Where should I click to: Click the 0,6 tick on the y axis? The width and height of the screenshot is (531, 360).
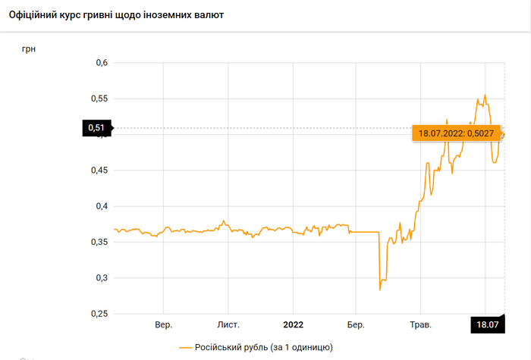[x=100, y=63]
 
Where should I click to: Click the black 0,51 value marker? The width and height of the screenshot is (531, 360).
[x=96, y=128]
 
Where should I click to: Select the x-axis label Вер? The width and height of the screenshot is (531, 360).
[x=164, y=324]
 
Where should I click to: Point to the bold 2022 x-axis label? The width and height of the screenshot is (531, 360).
[x=293, y=324]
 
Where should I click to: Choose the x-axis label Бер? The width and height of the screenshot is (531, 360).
[x=356, y=324]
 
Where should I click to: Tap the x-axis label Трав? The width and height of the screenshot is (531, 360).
[x=420, y=324]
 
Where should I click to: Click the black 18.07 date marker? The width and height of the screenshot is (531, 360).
[x=486, y=324]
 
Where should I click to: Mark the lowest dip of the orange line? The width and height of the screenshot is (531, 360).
[x=379, y=290]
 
